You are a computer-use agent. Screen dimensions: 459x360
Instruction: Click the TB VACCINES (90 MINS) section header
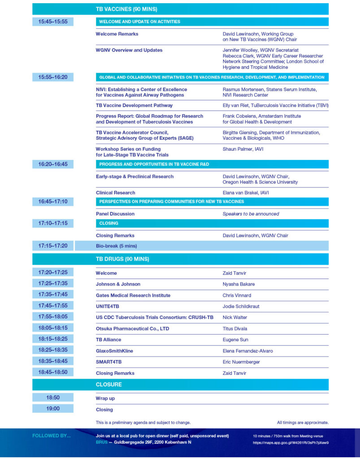[126, 9]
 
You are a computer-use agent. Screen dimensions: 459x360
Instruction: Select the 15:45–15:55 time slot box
[52, 21]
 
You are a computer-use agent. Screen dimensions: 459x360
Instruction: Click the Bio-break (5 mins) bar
[116, 246]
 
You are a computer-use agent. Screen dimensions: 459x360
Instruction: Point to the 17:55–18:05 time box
[52, 316]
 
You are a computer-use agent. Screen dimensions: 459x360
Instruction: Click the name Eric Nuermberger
[241, 362]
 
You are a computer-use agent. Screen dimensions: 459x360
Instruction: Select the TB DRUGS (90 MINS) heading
[122, 259]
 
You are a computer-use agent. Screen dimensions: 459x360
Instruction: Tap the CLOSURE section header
[108, 384]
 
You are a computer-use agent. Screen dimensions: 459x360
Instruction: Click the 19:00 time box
[52, 408]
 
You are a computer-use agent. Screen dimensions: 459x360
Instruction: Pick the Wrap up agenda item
[105, 398]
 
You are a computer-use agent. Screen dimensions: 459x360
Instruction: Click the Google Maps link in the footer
[291, 442]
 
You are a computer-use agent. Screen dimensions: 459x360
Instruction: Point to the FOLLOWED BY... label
[52, 436]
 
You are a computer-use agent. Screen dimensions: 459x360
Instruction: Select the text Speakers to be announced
[251, 214]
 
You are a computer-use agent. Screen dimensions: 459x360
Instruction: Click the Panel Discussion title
[115, 214]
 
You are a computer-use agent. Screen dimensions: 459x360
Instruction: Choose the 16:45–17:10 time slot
[52, 201]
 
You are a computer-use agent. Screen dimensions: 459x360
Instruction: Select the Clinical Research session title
[115, 193]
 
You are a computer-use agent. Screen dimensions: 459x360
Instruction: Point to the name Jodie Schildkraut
[241, 306]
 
